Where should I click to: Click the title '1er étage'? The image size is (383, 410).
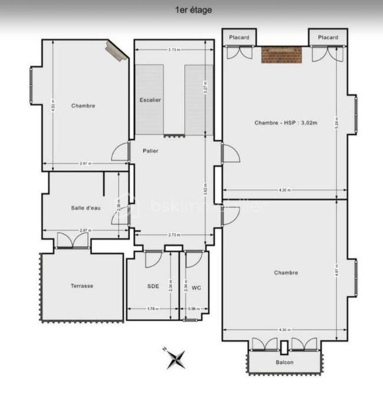coord(194,10)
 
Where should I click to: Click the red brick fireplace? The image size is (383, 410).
coord(281,55)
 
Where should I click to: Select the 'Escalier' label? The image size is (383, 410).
coord(150,100)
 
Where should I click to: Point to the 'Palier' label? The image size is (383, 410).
coord(150,151)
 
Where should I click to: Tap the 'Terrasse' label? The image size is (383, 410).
coord(82,286)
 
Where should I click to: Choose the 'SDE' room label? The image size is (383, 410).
coord(153,286)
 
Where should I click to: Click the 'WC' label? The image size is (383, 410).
coord(197,288)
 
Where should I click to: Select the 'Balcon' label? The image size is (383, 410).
coord(284,362)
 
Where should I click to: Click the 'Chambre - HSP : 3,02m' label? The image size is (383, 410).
coord(286,123)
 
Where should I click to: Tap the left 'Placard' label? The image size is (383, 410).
coord(240,38)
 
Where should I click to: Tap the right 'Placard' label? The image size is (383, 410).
coord(328,38)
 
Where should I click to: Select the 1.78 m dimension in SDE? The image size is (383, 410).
coord(152,308)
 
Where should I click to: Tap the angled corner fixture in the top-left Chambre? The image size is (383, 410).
coord(117,51)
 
